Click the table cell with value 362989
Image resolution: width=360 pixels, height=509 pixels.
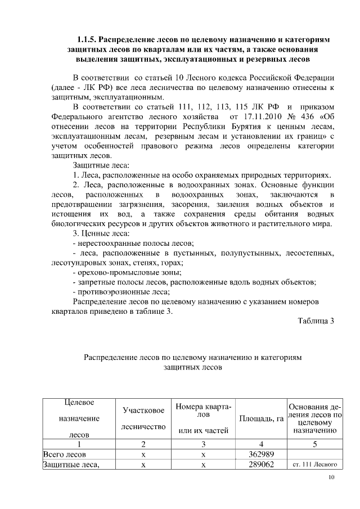[260, 454]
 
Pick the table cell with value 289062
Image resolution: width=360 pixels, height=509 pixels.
[260, 465]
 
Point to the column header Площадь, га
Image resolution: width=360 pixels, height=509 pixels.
[261, 419]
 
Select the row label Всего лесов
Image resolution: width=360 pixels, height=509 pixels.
[64, 454]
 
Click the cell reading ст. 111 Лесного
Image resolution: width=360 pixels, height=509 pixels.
[315, 465]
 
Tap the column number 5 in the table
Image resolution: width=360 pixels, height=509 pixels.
[315, 444]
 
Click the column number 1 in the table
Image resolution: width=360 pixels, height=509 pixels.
[79, 444]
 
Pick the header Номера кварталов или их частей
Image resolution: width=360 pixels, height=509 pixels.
[203, 419]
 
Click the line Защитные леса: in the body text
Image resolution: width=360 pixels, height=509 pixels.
[101, 165]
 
